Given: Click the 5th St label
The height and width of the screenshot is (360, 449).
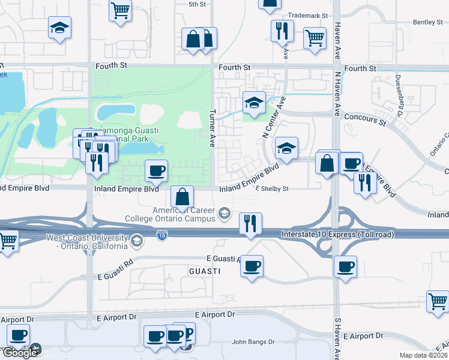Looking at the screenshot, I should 197,4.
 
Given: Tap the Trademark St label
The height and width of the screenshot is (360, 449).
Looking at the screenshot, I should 308,15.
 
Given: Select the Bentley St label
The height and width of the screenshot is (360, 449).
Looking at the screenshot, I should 427,22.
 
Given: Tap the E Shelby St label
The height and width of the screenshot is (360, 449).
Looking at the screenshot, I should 272,189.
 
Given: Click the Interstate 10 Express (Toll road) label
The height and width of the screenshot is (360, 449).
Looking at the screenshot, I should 338,235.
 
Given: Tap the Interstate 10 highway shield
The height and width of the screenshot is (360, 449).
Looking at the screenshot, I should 162,236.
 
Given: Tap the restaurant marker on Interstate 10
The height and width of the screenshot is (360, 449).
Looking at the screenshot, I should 250,224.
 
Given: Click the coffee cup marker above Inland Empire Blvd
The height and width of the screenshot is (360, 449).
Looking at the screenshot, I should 156,171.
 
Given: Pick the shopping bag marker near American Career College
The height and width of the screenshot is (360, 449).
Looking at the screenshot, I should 182,196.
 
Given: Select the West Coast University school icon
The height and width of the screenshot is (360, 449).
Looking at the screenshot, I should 137,241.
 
